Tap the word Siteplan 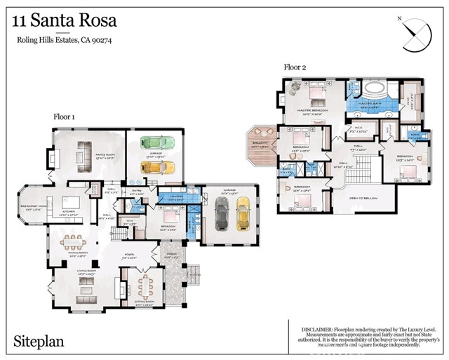click(40, 342)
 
